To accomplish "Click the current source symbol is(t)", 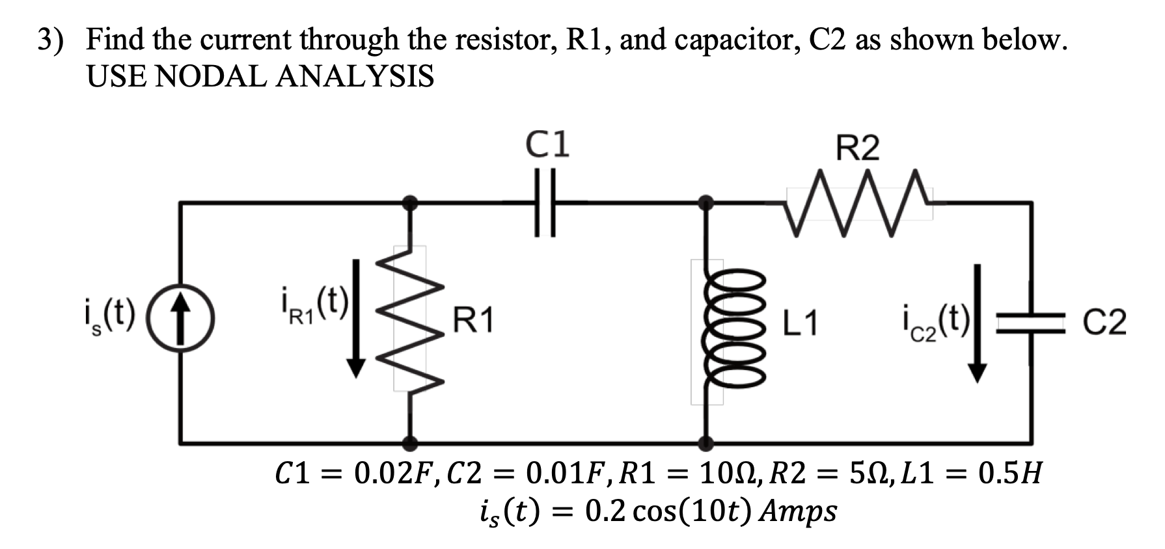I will point(180,321).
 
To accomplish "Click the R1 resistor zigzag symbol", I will point(409,319).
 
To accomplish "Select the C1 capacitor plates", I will point(545,203).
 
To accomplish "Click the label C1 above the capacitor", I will point(548,144).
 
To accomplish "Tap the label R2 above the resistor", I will point(857,148).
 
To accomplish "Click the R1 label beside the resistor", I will point(473,320).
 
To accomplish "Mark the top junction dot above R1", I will point(409,203).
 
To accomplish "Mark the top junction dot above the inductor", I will point(705,203).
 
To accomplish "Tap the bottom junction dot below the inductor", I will point(705,444).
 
